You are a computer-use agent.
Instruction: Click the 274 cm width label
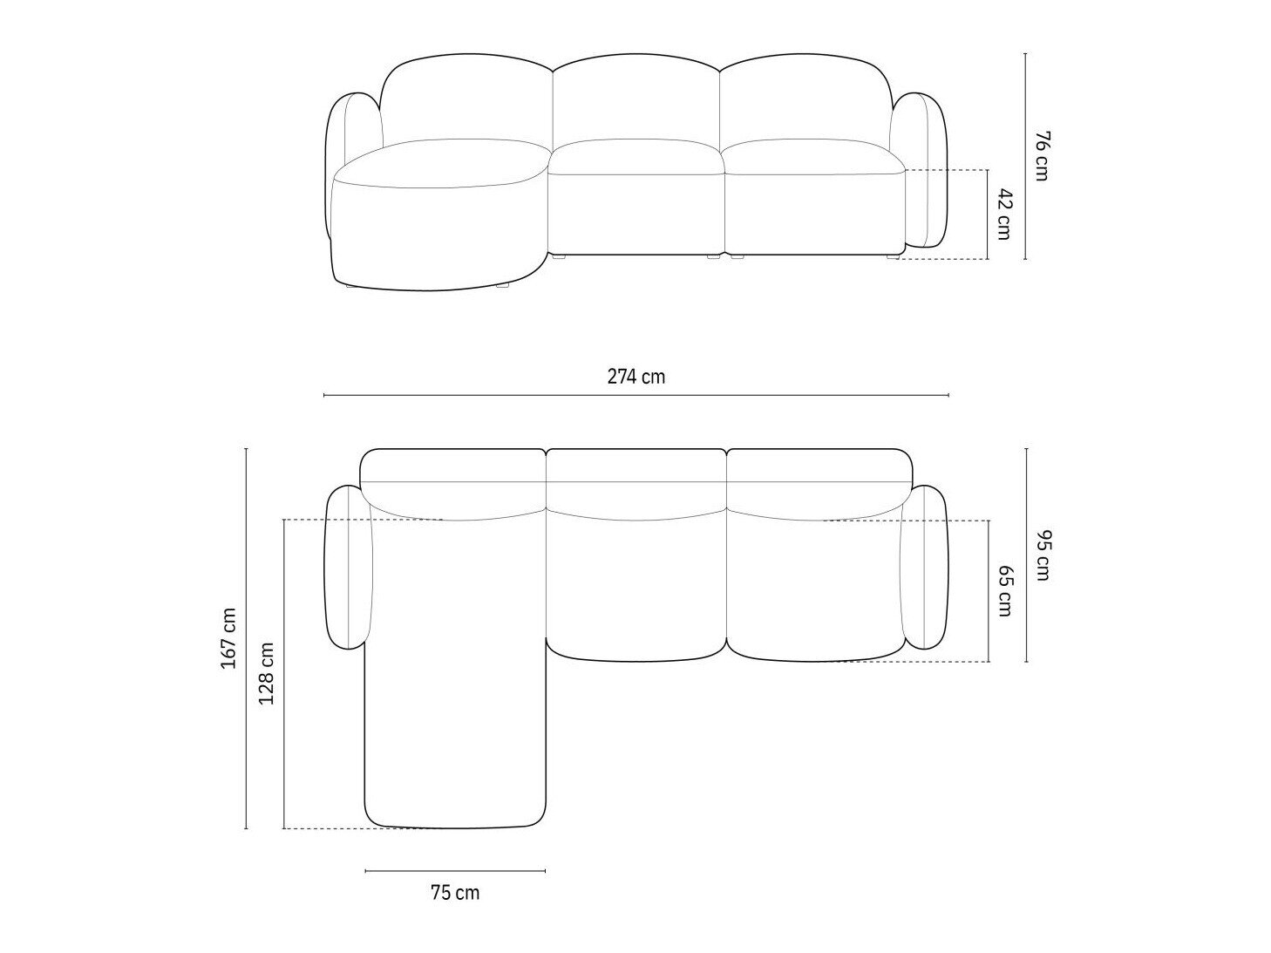[x=635, y=377]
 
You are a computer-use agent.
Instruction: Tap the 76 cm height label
[x=1041, y=156]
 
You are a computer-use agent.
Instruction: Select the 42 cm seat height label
[x=1004, y=214]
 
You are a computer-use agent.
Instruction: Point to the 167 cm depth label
[x=228, y=638]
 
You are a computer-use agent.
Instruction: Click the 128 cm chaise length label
[x=267, y=673]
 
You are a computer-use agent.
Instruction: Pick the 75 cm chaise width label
[x=455, y=909]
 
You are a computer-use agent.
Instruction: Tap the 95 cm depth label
[x=1042, y=555]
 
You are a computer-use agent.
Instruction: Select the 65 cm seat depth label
[x=1004, y=590]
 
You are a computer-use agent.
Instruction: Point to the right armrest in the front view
[x=921, y=168]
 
